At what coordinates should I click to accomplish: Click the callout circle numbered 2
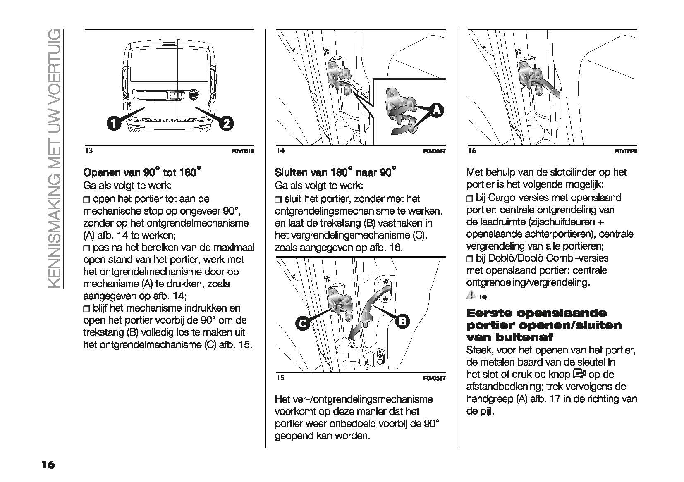[x=227, y=123]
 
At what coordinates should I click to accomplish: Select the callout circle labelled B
[x=403, y=321]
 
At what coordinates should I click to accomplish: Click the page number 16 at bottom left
[x=48, y=465]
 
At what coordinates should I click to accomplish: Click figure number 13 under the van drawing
[x=88, y=151]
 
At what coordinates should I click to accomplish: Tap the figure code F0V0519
[x=243, y=151]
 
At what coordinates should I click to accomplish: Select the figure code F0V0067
[x=434, y=151]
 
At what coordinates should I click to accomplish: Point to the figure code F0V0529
[x=626, y=151]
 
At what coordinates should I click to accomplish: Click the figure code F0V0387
[x=434, y=378]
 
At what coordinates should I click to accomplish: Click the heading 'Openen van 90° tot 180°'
[x=142, y=172]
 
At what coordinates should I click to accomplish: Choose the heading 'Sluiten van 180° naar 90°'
[x=335, y=172]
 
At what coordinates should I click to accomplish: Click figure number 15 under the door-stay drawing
[x=280, y=378]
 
